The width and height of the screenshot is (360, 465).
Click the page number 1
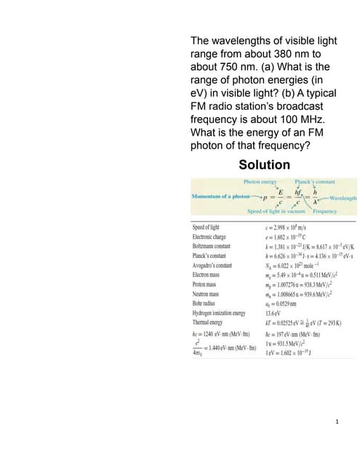coord(339,422)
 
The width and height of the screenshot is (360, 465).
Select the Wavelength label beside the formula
coord(341,197)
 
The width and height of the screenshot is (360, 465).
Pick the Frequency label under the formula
coord(324,211)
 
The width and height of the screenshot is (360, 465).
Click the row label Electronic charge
coord(212,237)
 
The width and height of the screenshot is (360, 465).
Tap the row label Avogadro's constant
coord(212,265)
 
